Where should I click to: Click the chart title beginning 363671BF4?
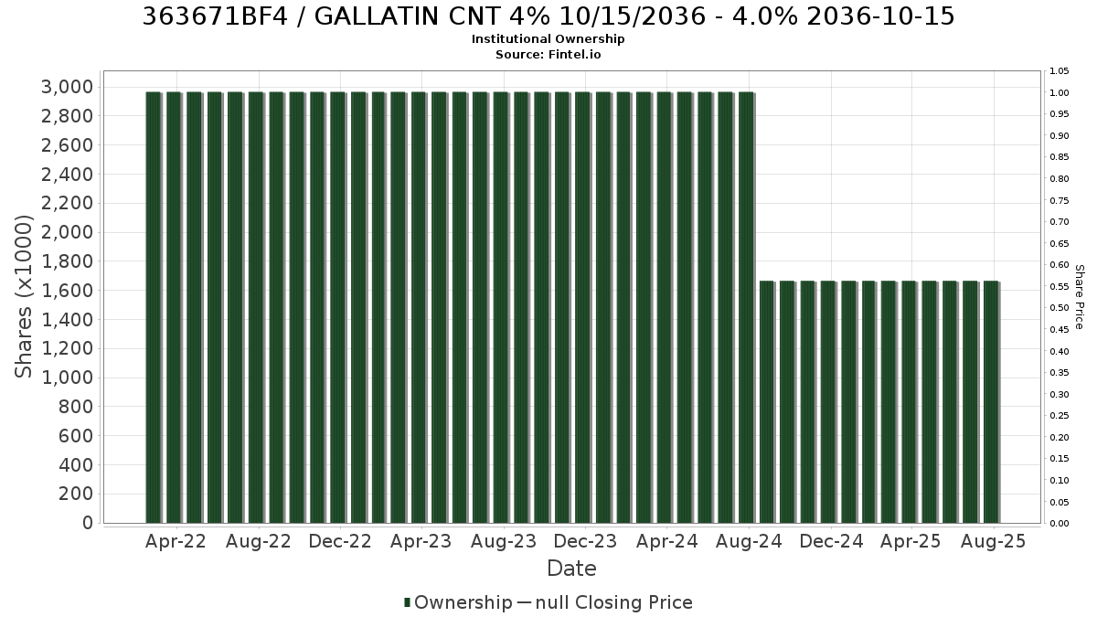[x=548, y=16]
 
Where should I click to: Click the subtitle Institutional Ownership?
[x=548, y=39]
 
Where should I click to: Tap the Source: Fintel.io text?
[x=548, y=54]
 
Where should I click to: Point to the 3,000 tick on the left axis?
[x=67, y=87]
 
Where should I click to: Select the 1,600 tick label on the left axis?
[x=67, y=291]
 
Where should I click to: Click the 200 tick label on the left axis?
[x=75, y=494]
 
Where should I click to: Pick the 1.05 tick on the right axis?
[x=1060, y=71]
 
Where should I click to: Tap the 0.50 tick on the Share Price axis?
[x=1060, y=308]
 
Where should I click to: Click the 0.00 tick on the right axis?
[x=1060, y=524]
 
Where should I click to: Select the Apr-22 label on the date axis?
[x=176, y=541]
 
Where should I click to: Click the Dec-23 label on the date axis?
[x=585, y=541]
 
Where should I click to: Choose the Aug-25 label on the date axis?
[x=993, y=541]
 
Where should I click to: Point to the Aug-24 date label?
[x=749, y=541]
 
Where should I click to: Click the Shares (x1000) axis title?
[x=24, y=297]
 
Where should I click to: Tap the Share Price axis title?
[x=1080, y=297]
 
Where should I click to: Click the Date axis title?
[x=571, y=569]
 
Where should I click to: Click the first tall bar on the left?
[x=154, y=307]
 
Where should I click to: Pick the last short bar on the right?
[x=991, y=402]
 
